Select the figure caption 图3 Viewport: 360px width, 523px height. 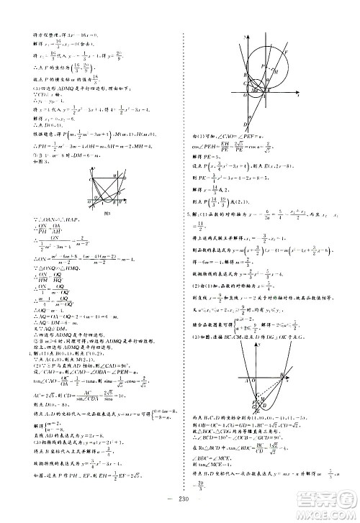click(106, 214)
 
